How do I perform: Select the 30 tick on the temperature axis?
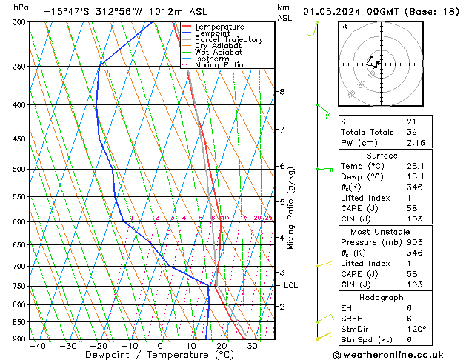pyautogui.click(x=253, y=346)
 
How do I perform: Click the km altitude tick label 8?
pyautogui.click(x=282, y=92)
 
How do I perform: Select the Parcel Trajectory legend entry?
pyautogui.click(x=228, y=40)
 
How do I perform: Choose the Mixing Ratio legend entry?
pyautogui.click(x=219, y=65)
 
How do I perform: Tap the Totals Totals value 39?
pyautogui.click(x=412, y=132)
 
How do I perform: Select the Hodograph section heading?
pyautogui.click(x=382, y=297)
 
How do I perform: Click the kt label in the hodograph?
pyautogui.click(x=344, y=27)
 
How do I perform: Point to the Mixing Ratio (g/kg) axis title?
pyautogui.click(x=291, y=208)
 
